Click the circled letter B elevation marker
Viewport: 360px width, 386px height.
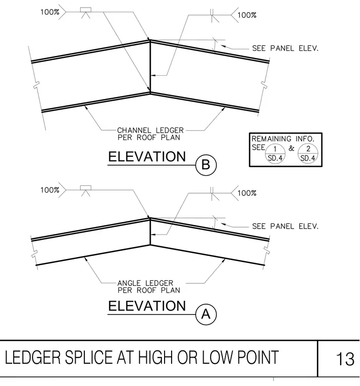(x=206, y=165)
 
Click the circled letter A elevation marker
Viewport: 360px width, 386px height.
(x=206, y=314)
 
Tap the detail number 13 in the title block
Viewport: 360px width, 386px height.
(x=345, y=359)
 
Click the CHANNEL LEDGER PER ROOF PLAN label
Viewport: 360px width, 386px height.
(x=150, y=134)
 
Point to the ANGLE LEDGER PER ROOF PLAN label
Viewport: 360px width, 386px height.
(x=149, y=286)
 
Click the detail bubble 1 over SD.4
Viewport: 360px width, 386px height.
(x=275, y=153)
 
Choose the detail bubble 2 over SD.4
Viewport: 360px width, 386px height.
(x=308, y=153)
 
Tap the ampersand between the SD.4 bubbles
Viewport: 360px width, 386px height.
(x=291, y=148)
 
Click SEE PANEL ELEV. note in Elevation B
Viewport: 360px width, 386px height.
(x=285, y=48)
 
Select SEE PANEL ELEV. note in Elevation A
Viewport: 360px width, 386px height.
(x=285, y=226)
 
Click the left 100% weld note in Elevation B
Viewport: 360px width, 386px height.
(x=50, y=12)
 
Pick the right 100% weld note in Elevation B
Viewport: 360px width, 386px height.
(x=247, y=15)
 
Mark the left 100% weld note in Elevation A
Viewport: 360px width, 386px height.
(x=50, y=190)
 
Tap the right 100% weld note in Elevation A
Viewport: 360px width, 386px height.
(x=247, y=193)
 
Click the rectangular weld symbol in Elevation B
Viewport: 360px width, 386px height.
(x=86, y=10)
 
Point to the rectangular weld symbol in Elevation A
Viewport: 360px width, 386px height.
(x=86, y=188)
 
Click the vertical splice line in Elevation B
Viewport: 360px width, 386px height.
(x=150, y=67)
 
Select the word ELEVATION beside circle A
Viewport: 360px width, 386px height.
(x=147, y=306)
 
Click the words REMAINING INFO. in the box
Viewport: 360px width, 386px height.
(x=283, y=139)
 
